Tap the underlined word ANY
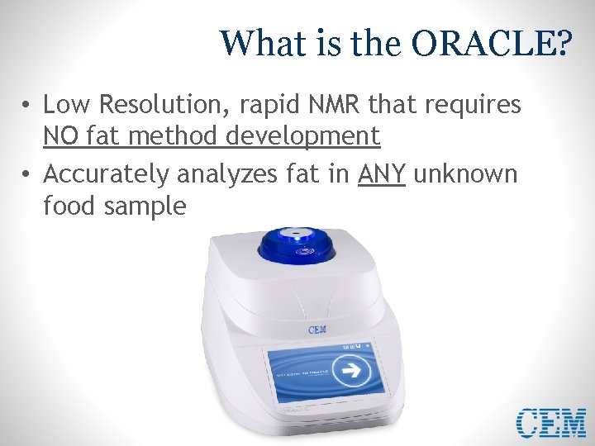[x=382, y=174]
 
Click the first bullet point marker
[x=27, y=105]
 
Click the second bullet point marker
[x=27, y=175]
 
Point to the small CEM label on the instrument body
[x=317, y=330]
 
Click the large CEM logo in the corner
[x=550, y=423]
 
